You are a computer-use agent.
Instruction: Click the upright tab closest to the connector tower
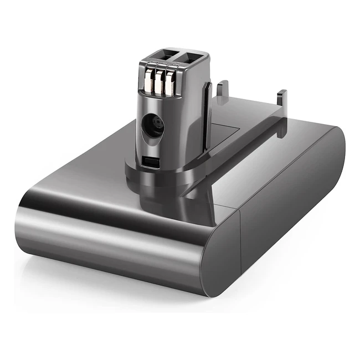pyautogui.click(x=223, y=91)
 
